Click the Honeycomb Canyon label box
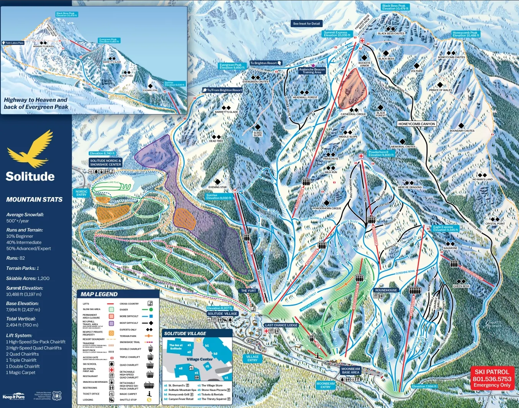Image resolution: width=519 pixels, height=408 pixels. tap(416, 124)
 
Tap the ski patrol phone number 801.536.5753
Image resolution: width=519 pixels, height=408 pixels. tap(492, 379)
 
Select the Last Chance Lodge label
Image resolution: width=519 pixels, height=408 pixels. tap(281, 325)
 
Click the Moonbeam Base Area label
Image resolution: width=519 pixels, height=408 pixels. tap(350, 370)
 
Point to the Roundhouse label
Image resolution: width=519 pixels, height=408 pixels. tap(386, 290)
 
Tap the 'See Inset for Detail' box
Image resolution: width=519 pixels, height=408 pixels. tap(306, 24)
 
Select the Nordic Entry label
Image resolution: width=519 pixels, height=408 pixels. tap(81, 193)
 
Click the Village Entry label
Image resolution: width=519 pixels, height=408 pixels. tap(252, 358)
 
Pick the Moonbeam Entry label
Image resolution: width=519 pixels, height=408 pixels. tap(325, 385)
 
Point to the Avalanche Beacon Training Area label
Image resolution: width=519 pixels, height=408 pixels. tap(312, 71)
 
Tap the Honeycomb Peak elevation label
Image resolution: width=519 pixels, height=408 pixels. tap(465, 34)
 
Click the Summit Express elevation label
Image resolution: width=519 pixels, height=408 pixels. tap(337, 34)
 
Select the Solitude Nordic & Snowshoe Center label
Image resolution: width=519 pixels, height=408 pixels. tap(105, 163)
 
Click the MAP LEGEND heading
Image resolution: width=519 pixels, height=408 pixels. tap(99, 294)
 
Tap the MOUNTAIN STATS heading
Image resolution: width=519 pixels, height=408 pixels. tap(34, 199)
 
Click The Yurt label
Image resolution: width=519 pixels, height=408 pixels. tap(248, 291)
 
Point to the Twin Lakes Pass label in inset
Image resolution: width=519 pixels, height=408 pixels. tap(14, 43)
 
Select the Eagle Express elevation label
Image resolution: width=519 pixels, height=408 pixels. tap(445, 228)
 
